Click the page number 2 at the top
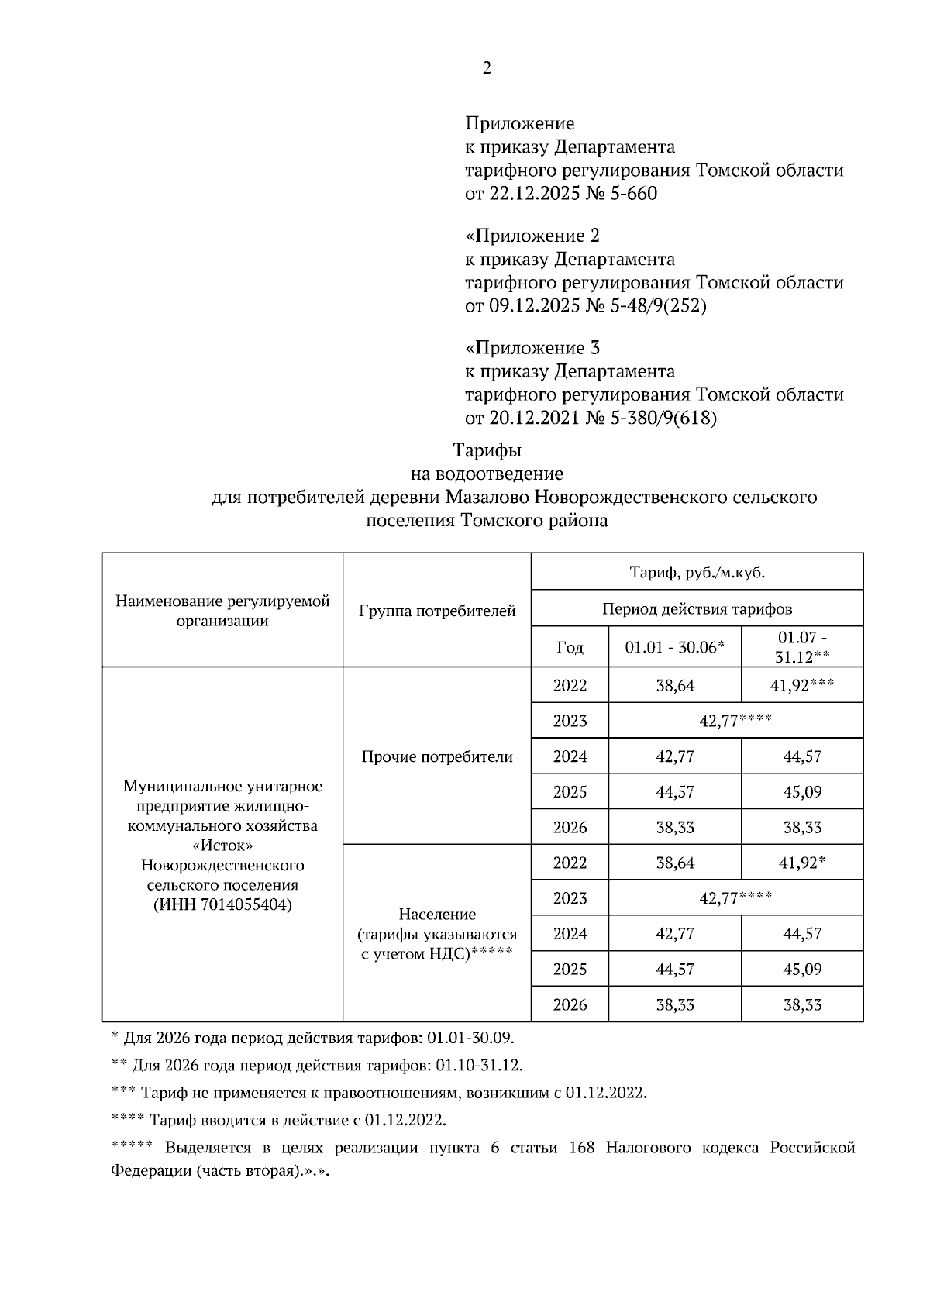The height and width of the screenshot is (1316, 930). [x=487, y=68]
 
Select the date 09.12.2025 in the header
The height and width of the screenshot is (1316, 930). [x=534, y=306]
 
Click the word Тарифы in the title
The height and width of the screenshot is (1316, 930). [x=487, y=450]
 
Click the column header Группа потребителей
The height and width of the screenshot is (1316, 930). [x=437, y=611]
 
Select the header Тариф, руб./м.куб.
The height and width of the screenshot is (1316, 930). [x=697, y=573]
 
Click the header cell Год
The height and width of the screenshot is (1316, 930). [x=570, y=647]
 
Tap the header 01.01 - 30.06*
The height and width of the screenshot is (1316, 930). [x=674, y=647]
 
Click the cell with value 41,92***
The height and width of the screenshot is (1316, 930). [x=801, y=685]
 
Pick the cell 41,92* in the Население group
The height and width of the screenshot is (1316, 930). [x=801, y=863]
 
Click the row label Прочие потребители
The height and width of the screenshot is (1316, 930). [x=437, y=756]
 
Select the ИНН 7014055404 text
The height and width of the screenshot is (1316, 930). [x=222, y=904]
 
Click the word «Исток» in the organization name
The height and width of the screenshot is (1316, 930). [x=222, y=845]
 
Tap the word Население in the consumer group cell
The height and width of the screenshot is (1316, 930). [x=437, y=915]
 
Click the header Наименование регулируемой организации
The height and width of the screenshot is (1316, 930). [x=222, y=611]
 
